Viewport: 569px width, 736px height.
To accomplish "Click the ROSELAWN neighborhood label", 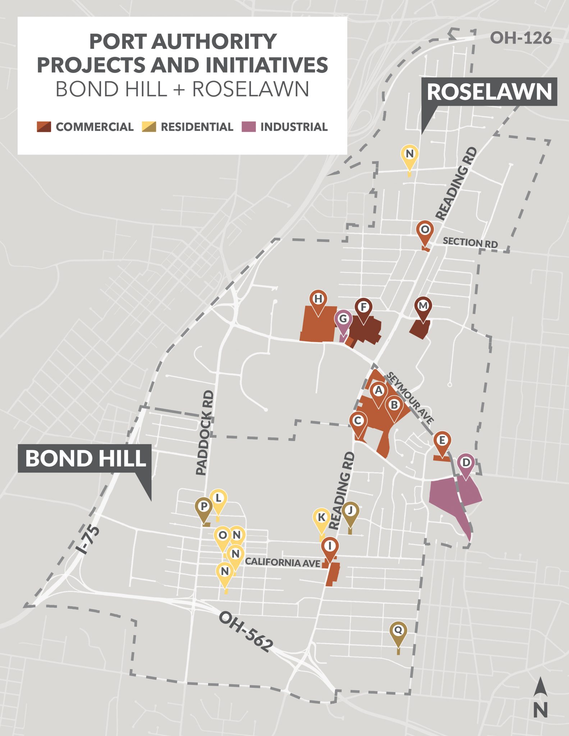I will pyautogui.click(x=489, y=92).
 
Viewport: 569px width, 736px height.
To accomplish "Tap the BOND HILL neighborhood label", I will pyautogui.click(x=85, y=459).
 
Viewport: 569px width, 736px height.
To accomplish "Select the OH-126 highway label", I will pyautogui.click(x=520, y=38).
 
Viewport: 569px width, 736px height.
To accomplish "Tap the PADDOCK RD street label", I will pyautogui.click(x=205, y=433).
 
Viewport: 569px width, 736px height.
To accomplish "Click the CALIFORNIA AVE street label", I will pyautogui.click(x=283, y=562).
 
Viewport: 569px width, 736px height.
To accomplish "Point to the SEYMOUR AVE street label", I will pyautogui.click(x=410, y=397).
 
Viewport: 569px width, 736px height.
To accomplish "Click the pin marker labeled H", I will pyautogui.click(x=318, y=299).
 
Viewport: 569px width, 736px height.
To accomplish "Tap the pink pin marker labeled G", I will pyautogui.click(x=343, y=319).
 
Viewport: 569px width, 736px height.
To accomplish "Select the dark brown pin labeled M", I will pyautogui.click(x=423, y=306).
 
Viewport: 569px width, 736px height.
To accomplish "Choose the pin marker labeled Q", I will pyautogui.click(x=398, y=630).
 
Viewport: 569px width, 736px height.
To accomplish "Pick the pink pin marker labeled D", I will pyautogui.click(x=466, y=463).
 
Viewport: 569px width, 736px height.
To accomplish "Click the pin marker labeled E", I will pyautogui.click(x=442, y=441).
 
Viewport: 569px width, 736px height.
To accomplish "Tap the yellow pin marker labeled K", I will pyautogui.click(x=321, y=517).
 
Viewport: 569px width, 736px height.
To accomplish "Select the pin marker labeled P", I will pyautogui.click(x=204, y=507).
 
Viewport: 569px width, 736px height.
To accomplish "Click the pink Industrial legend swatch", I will pyautogui.click(x=248, y=127).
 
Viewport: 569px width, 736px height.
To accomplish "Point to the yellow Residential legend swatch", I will pyautogui.click(x=149, y=127).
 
